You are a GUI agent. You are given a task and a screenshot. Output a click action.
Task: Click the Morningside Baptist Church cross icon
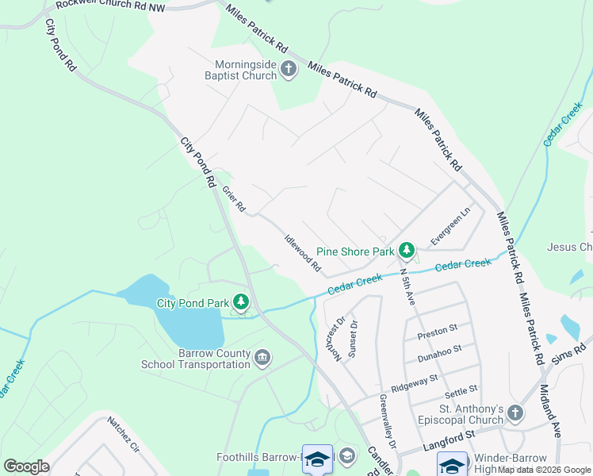[288, 70]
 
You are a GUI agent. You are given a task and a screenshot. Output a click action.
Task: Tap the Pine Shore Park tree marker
[407, 251]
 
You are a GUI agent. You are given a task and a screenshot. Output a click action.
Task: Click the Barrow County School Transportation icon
[262, 359]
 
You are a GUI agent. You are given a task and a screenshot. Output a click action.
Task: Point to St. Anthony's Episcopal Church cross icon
[515, 414]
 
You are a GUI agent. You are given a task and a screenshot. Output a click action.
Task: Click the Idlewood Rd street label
[302, 251]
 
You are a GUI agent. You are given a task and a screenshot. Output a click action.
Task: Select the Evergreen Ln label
[450, 226]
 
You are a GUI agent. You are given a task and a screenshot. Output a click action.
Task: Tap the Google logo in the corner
[26, 466]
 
